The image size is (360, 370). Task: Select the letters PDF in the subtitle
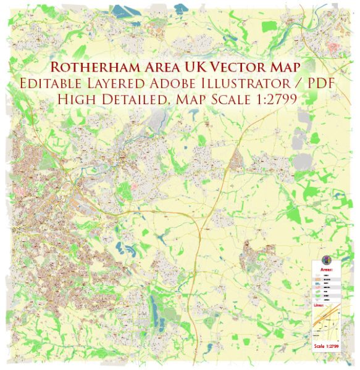321,83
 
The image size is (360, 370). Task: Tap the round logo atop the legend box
327,260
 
